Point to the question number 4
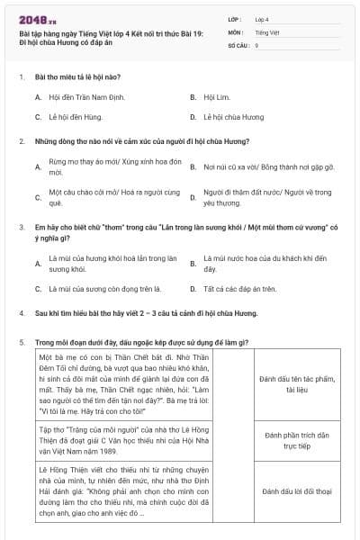(x=22, y=313)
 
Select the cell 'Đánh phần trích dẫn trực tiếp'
(x=286, y=440)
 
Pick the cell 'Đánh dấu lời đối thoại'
(x=286, y=492)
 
